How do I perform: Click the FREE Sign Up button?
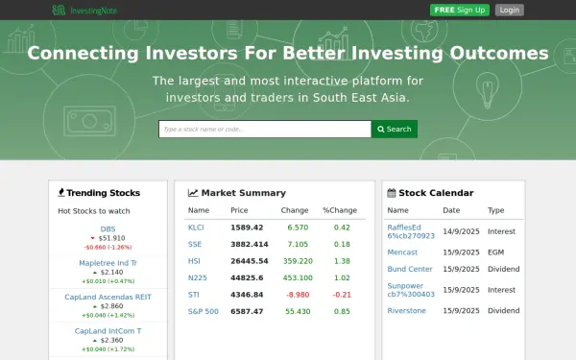click(460, 10)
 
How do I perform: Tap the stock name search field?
click(264, 129)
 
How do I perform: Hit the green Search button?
click(394, 129)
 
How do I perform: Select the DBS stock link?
click(108, 228)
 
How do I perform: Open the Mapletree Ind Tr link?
click(108, 262)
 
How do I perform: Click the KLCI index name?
click(196, 228)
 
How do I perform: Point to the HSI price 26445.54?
click(248, 261)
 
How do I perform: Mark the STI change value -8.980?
click(298, 294)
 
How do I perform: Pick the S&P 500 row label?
click(203, 311)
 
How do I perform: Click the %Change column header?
click(339, 210)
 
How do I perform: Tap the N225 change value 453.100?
click(297, 277)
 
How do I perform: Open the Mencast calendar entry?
click(402, 252)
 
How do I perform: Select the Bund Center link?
click(410, 269)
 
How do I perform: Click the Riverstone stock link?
click(406, 311)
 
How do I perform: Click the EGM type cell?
click(495, 252)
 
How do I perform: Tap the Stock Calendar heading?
click(435, 192)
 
